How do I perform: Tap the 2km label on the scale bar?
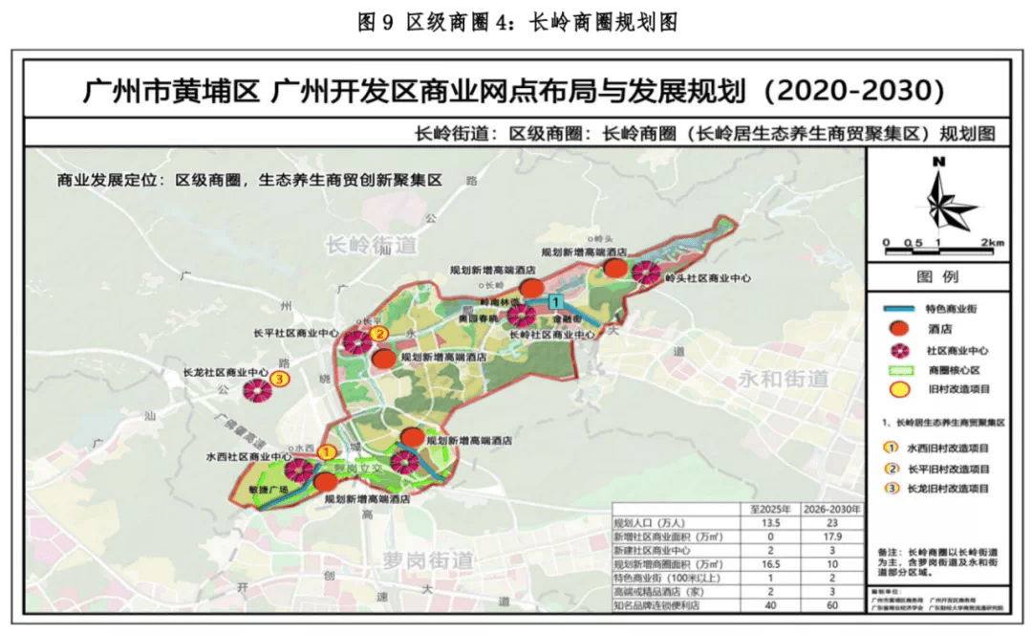coord(992,243)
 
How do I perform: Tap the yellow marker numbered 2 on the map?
coord(379,334)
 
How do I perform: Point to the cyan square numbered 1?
coord(554,302)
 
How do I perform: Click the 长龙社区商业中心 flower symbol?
coord(256,389)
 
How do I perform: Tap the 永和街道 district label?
coord(783,378)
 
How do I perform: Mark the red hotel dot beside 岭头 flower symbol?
coord(618,269)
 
